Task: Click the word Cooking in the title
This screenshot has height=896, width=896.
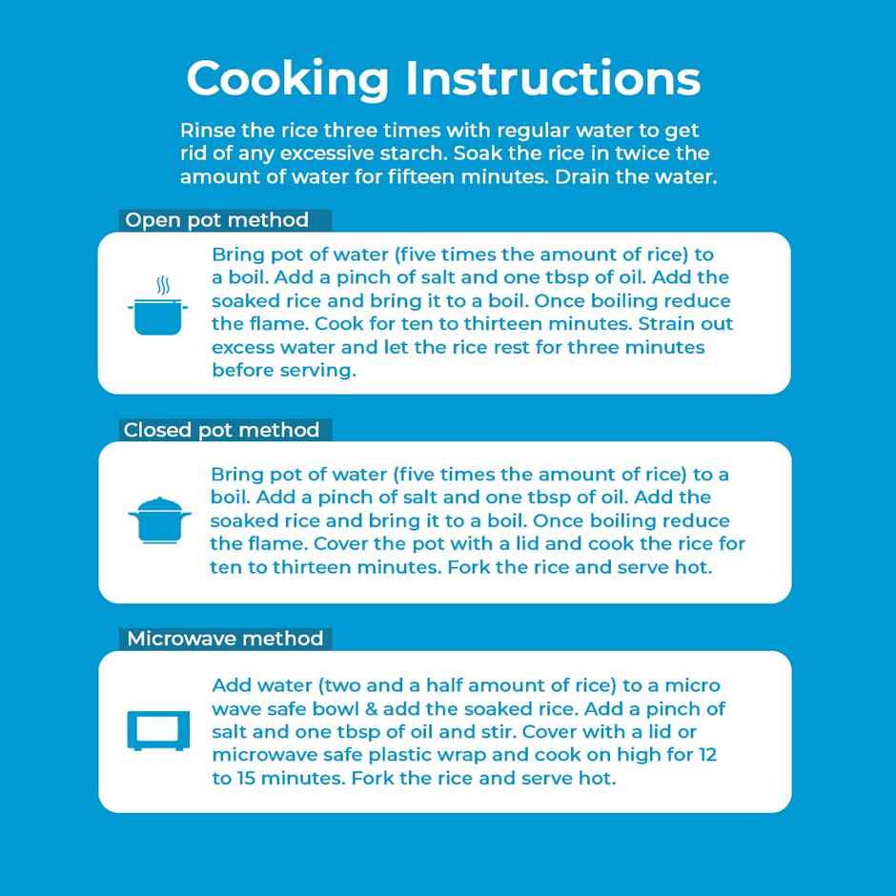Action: coord(288,80)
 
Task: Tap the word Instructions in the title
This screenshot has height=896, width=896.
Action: coord(553,78)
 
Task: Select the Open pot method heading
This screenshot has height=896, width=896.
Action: coord(216,220)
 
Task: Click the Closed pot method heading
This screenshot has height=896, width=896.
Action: coord(221,430)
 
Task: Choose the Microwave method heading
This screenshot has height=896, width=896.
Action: coord(225,639)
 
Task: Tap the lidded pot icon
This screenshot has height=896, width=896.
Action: coord(159,520)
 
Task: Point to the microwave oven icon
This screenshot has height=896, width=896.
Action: coord(158,731)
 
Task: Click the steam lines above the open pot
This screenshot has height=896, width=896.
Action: coord(163,285)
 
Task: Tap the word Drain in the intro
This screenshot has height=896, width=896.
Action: coord(581,176)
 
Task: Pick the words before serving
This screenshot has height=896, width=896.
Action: coord(284,370)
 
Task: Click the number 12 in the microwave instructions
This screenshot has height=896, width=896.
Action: coord(707,755)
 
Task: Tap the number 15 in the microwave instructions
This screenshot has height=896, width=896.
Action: coord(246,779)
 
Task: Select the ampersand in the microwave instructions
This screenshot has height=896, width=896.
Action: coord(371,709)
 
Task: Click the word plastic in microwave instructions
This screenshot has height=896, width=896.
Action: coord(404,756)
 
